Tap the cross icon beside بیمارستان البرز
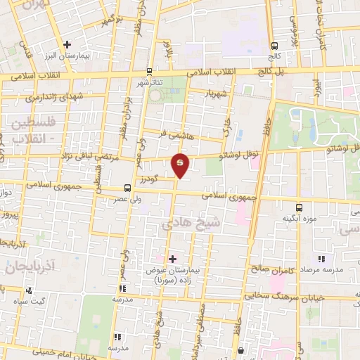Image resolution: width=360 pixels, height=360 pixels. click(67, 44)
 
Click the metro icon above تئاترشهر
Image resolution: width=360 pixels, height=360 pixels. click(148, 71)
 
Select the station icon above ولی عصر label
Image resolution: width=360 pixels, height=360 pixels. click(127, 188)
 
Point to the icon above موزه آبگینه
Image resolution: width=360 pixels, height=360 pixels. click(300, 207)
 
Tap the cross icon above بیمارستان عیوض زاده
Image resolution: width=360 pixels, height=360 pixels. click(172, 259)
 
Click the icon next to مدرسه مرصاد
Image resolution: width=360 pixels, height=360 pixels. click(321, 259)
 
